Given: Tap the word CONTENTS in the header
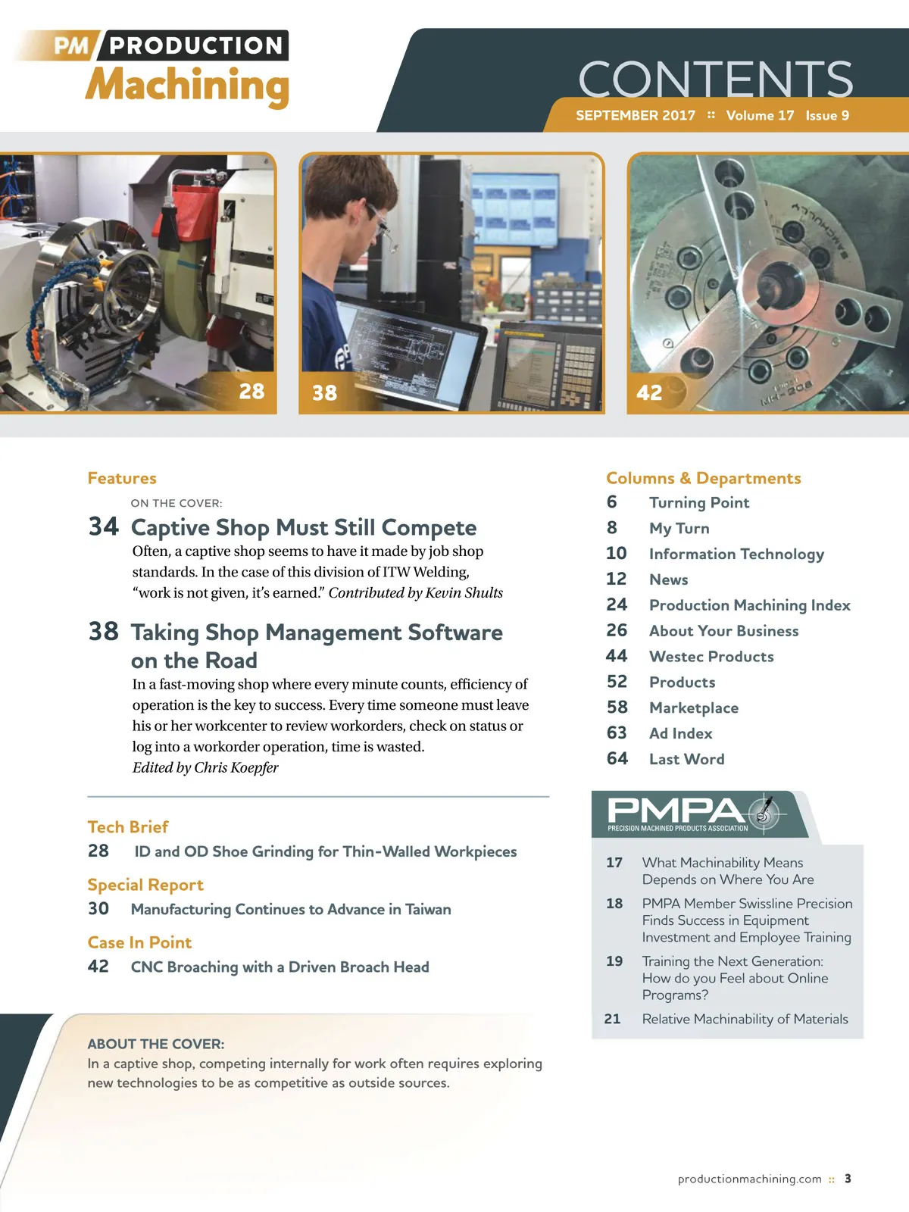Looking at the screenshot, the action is pyautogui.click(x=715, y=80).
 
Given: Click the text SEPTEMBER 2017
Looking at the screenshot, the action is pyautogui.click(x=636, y=115).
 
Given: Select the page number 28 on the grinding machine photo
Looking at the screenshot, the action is pyautogui.click(x=251, y=392).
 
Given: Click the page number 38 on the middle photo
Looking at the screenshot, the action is pyautogui.click(x=324, y=393).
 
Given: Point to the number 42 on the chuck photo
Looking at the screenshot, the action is pyautogui.click(x=649, y=392).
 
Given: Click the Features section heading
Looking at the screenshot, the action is pyautogui.click(x=122, y=478).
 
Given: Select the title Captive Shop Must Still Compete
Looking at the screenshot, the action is pyautogui.click(x=304, y=527).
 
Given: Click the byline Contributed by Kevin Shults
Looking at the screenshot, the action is pyautogui.click(x=416, y=593).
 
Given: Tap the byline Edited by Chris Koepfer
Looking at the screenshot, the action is pyautogui.click(x=205, y=767).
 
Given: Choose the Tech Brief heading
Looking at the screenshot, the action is pyautogui.click(x=128, y=826).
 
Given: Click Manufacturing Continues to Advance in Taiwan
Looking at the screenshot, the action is pyautogui.click(x=291, y=910).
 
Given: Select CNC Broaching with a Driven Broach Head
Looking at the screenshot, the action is pyautogui.click(x=280, y=967).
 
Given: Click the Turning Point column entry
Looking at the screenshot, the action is pyautogui.click(x=699, y=502).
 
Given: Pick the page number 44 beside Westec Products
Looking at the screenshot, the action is pyautogui.click(x=617, y=656).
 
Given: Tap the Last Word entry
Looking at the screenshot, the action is pyautogui.click(x=686, y=759).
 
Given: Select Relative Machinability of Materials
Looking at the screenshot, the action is pyautogui.click(x=745, y=1019).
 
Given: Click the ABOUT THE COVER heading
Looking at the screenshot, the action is pyautogui.click(x=155, y=1044).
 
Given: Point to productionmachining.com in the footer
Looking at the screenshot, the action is pyautogui.click(x=749, y=1179).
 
